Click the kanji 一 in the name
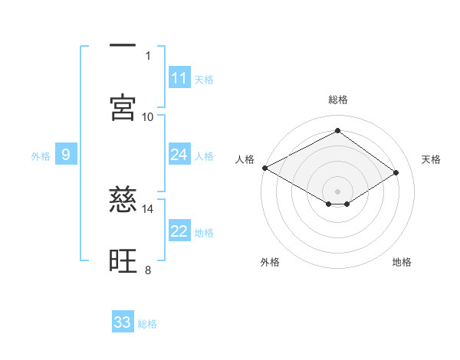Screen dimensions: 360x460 (x=123, y=47)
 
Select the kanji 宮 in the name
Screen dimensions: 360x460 (x=123, y=108)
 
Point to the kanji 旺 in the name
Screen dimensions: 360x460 (x=123, y=261)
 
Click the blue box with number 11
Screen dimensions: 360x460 (x=179, y=78)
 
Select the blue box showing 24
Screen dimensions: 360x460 (x=179, y=155)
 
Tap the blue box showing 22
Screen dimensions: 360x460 (x=179, y=232)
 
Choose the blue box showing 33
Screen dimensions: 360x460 (x=123, y=322)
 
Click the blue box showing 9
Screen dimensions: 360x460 (x=66, y=155)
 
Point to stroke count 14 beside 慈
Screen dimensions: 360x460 (x=148, y=208)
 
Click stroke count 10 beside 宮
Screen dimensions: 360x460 (x=148, y=116)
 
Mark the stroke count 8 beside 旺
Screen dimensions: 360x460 (x=148, y=270)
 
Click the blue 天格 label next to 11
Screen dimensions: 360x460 (x=204, y=79)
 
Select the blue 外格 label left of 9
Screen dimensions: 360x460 (x=41, y=156)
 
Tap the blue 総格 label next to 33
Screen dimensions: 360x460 (x=147, y=324)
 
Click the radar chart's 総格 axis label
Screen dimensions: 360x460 (x=337, y=100)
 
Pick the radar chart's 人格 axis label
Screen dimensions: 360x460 (x=245, y=159)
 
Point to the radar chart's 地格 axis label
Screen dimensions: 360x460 (x=402, y=262)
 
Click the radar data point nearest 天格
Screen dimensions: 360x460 (x=396, y=173)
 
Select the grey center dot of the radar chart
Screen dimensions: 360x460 (x=337, y=191)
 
